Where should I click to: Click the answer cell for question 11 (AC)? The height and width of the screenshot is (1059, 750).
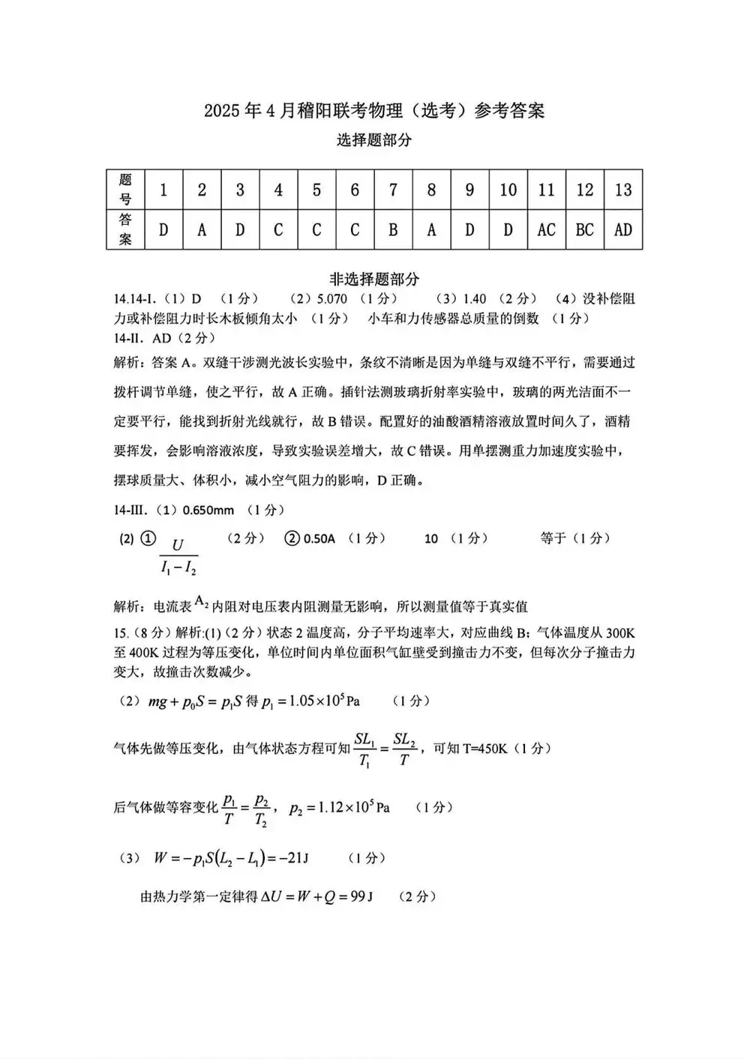click(546, 229)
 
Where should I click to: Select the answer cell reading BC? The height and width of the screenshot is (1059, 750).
click(584, 229)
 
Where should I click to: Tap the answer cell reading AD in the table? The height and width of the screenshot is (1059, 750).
click(623, 229)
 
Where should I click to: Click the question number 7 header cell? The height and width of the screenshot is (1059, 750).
click(393, 190)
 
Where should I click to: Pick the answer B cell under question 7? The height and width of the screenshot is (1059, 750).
click(393, 229)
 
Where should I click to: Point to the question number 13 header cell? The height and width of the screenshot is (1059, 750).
click(623, 190)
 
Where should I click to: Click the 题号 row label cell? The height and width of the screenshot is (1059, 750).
click(125, 190)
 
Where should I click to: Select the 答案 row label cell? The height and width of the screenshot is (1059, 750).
click(125, 229)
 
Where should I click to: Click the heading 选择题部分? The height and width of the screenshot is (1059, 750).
click(374, 140)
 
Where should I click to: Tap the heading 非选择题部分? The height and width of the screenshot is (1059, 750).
click(374, 280)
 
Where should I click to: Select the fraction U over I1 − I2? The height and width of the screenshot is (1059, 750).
click(178, 556)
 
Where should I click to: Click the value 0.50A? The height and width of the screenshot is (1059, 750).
click(319, 538)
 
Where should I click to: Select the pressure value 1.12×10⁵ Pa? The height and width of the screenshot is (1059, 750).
click(340, 807)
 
